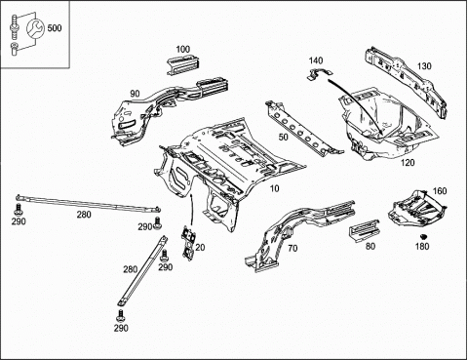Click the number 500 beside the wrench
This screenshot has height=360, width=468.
[55, 28]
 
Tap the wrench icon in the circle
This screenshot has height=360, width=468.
[35, 28]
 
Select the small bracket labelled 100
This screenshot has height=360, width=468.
[183, 65]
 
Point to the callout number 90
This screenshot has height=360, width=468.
[135, 94]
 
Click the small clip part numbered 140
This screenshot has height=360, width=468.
[321, 74]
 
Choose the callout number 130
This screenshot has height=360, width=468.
[424, 66]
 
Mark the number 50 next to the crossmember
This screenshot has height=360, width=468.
[283, 137]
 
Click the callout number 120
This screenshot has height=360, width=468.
[408, 162]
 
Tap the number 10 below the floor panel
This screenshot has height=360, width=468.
[275, 188]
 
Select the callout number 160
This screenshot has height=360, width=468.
[440, 191]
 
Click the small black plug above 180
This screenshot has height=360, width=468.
[423, 236]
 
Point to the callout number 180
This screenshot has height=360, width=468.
[422, 246]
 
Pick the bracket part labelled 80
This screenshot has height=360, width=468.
[365, 230]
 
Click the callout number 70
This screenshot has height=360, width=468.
[292, 249]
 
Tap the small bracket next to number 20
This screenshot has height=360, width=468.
[188, 243]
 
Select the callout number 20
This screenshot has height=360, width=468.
[200, 248]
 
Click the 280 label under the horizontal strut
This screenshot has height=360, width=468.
[84, 215]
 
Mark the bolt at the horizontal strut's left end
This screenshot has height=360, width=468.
[18, 209]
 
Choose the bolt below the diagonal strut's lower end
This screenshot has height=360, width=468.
[121, 316]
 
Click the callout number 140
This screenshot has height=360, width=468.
[316, 60]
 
